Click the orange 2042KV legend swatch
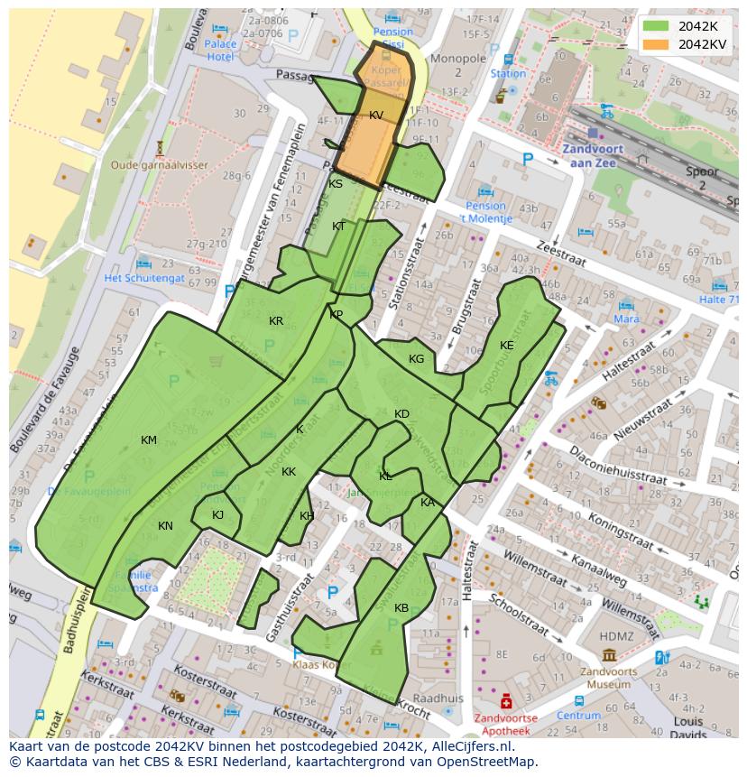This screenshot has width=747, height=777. click(x=656, y=43)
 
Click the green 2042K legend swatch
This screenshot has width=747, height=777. click(x=656, y=26)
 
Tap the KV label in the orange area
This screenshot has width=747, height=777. click(x=376, y=116)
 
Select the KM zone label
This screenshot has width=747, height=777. click(x=149, y=440)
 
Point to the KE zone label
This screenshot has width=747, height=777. click(x=507, y=346)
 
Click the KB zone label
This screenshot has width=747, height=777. click(x=401, y=608)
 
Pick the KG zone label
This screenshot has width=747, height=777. click(x=416, y=359)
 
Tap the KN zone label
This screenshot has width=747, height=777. click(x=165, y=526)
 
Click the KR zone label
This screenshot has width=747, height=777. click(x=276, y=321)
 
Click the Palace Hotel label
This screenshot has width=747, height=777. click(x=220, y=50)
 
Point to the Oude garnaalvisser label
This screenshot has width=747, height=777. click(x=160, y=165)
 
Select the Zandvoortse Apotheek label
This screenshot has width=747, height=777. click(x=505, y=725)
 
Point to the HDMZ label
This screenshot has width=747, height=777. click(x=617, y=636)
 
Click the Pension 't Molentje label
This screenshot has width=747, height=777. click(x=486, y=213)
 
